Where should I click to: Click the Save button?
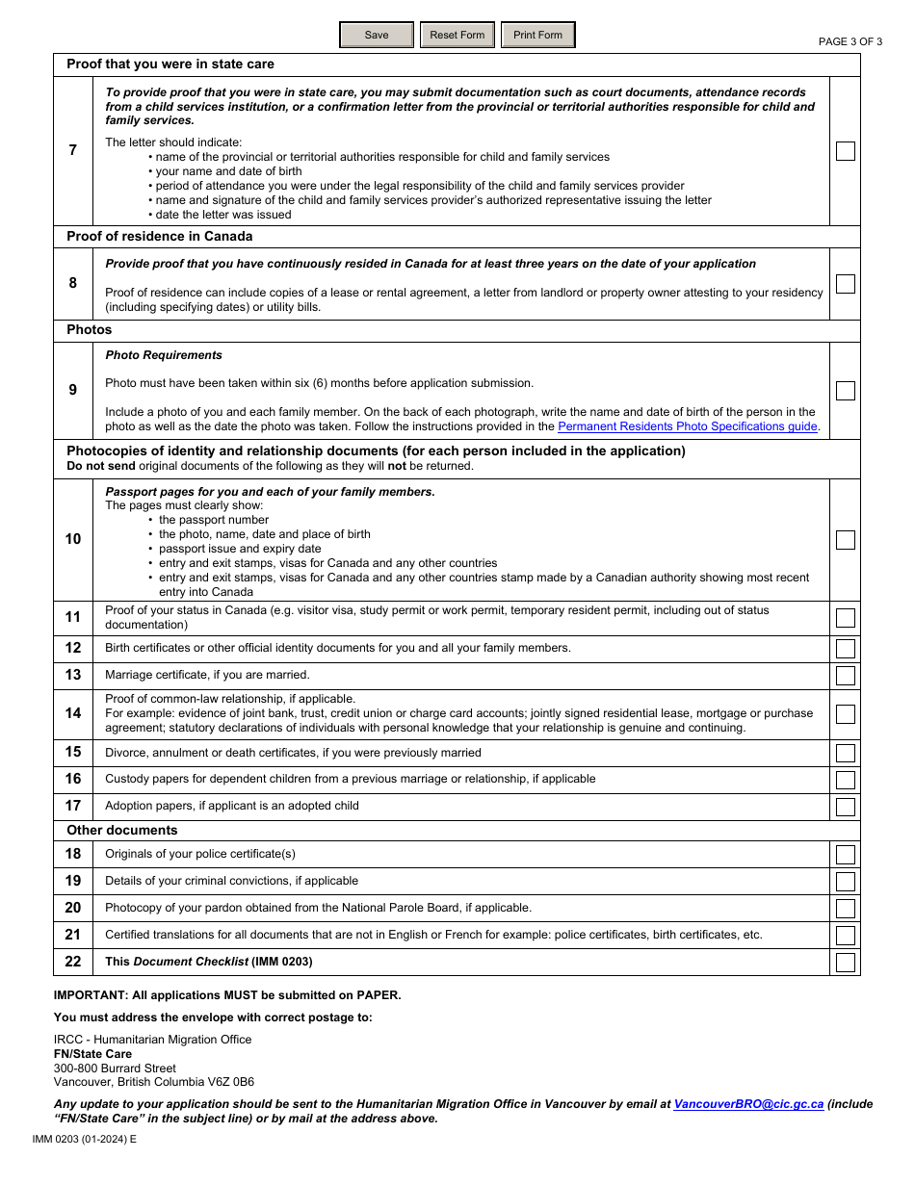click(377, 36)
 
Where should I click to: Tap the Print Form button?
click(537, 36)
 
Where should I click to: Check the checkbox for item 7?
click(845, 151)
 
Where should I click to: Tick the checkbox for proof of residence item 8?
click(845, 284)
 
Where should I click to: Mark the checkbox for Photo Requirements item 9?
click(845, 391)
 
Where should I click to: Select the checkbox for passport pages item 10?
click(845, 540)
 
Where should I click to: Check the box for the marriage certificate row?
click(845, 676)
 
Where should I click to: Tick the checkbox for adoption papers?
click(845, 807)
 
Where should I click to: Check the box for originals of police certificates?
click(845, 855)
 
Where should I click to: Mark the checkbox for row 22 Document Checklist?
click(845, 963)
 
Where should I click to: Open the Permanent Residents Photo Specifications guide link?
click(688, 426)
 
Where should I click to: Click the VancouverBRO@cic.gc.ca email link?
click(748, 1104)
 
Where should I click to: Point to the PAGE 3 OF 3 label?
click(850, 41)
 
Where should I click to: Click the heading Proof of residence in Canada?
click(160, 237)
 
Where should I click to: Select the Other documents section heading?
click(122, 831)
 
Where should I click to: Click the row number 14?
click(73, 714)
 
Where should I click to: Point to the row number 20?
click(73, 908)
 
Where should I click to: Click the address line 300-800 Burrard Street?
click(115, 1068)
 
